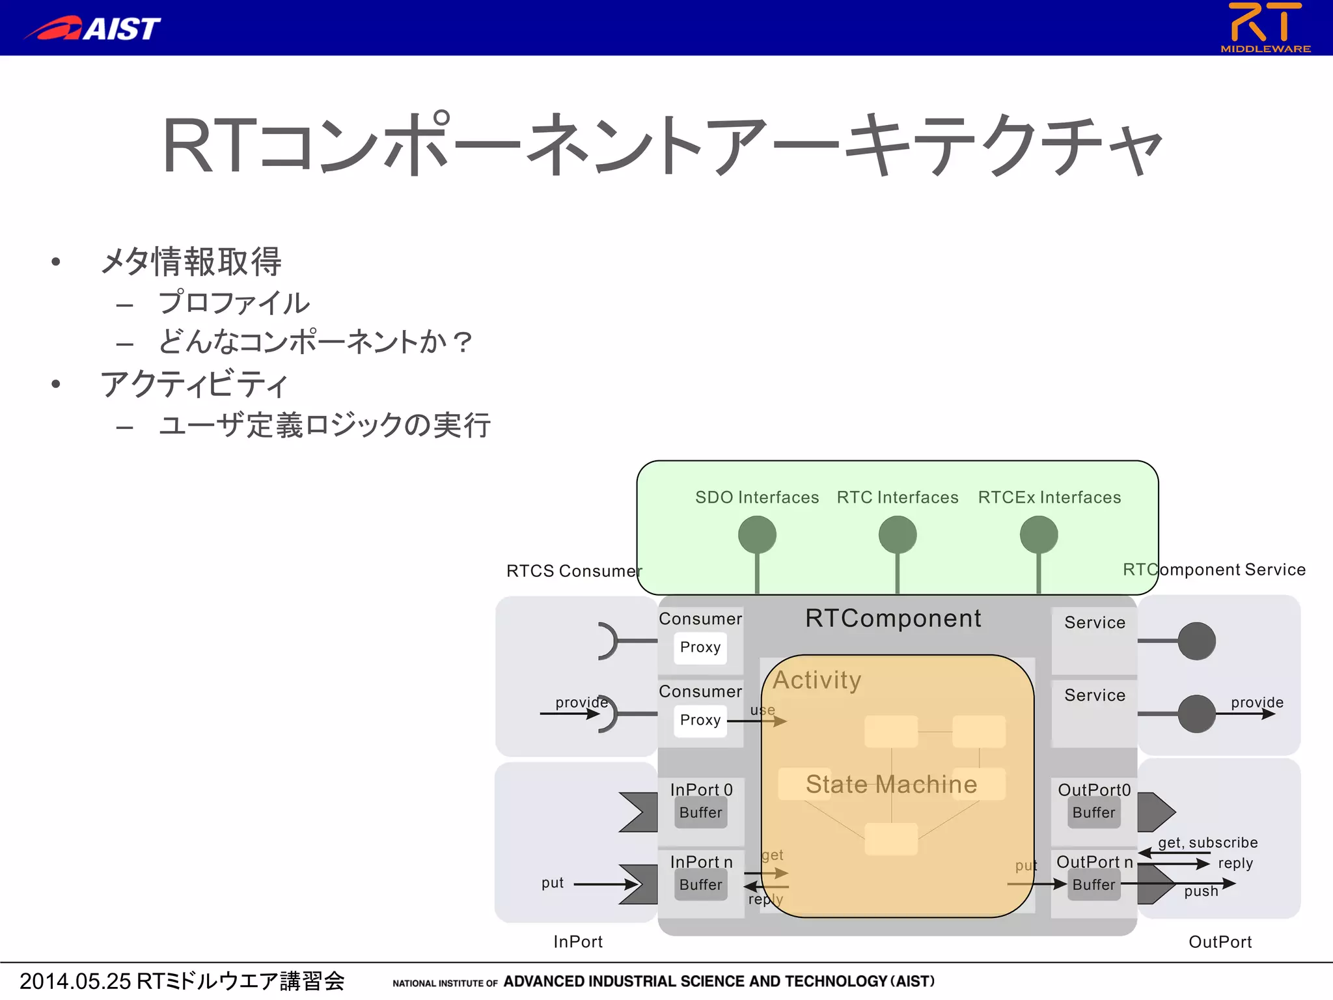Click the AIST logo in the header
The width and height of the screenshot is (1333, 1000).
(93, 29)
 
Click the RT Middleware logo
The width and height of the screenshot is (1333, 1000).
(1265, 27)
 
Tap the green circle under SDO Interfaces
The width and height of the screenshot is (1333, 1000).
(757, 535)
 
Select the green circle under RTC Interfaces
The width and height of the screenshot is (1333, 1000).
(898, 535)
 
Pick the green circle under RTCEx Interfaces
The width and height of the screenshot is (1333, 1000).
(1039, 535)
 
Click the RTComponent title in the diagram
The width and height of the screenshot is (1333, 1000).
(893, 618)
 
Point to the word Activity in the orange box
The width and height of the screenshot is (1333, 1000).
(817, 680)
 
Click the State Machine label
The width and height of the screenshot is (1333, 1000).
(891, 785)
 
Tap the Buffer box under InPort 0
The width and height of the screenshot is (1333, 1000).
(700, 812)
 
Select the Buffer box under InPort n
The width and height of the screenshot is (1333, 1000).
(700, 885)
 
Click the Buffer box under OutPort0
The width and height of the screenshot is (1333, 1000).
(1093, 812)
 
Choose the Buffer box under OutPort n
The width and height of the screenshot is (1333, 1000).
(1093, 885)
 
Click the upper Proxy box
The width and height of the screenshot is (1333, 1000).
(700, 647)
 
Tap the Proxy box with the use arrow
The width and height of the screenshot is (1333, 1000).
(700, 720)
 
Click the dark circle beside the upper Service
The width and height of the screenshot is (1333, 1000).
(1196, 641)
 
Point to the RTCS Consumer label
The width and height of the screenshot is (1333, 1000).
(573, 571)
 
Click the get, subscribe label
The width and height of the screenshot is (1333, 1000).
(1207, 842)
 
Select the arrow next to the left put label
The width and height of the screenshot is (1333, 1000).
(605, 884)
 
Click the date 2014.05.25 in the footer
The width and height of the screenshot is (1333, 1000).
(76, 981)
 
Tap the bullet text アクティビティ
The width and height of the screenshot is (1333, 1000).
(194, 384)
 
